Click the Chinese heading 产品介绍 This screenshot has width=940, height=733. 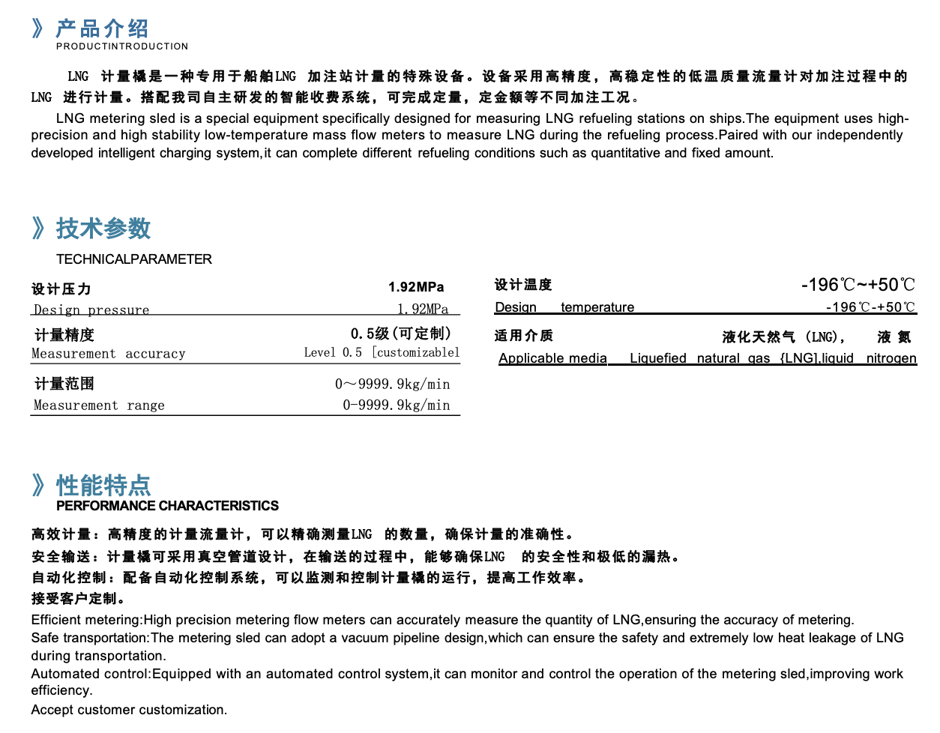coord(102,28)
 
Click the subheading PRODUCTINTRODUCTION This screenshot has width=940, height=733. coord(122,46)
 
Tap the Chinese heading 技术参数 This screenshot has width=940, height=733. coord(103,228)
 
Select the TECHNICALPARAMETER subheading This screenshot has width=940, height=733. coord(134,259)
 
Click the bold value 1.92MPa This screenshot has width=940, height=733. coord(416,287)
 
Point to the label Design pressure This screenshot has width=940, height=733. coord(91,310)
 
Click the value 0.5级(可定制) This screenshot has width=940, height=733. coord(401,334)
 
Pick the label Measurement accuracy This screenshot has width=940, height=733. coord(109,353)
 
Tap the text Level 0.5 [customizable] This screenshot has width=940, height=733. coord(382,352)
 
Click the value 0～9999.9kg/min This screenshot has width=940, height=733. coord(393,384)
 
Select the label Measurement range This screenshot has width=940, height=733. coord(99,405)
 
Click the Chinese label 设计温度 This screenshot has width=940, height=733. coord(523,285)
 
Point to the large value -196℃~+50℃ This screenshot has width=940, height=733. coord(858,285)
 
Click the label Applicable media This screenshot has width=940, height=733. coord(553,358)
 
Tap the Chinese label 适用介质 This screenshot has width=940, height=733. coord(523,336)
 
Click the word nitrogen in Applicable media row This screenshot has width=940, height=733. coord(891,358)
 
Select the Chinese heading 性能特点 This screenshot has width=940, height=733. coord(103,485)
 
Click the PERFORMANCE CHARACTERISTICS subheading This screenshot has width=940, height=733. coord(167,506)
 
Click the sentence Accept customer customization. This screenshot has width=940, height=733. coord(129,710)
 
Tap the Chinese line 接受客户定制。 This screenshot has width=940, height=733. coord(78,598)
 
